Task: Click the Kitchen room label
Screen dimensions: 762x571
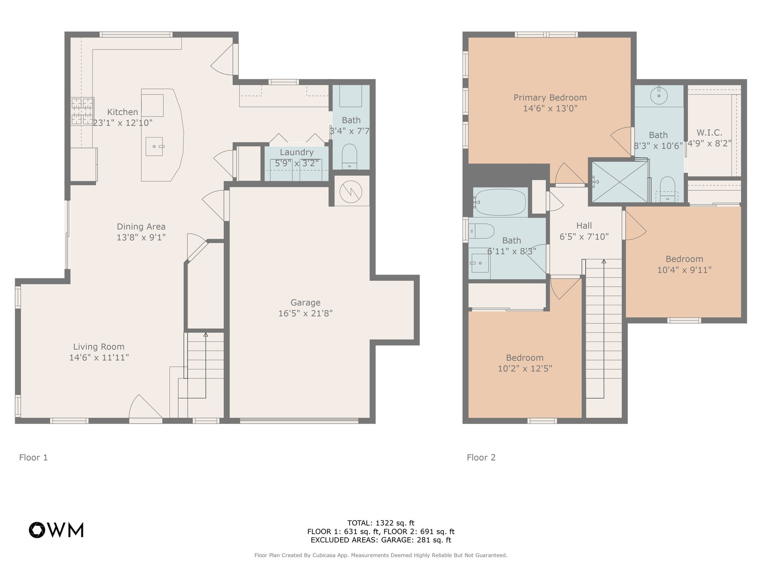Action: point(122,112)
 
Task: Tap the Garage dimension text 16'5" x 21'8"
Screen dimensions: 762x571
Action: point(305,314)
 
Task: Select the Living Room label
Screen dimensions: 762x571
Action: point(99,347)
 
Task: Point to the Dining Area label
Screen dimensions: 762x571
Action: point(141,226)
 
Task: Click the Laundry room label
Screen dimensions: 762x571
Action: point(297,152)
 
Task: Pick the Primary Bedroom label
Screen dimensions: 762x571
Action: point(550,98)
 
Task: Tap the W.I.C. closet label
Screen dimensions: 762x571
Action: point(709,132)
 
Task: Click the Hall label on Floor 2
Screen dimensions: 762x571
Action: point(584,226)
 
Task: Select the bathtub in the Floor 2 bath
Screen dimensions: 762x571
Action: point(500,202)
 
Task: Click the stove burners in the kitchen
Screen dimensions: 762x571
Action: point(82,111)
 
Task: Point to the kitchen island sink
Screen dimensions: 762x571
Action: point(154,146)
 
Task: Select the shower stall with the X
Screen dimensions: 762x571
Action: point(620,182)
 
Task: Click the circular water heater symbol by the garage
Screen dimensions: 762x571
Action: point(351,192)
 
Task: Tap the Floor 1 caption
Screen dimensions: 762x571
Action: point(33,457)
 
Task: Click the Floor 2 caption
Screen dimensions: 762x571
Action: point(481,457)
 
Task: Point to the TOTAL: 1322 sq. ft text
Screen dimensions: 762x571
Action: point(381,523)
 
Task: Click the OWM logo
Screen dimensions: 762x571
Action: point(56,530)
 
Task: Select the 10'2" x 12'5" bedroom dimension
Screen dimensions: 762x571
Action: point(525,368)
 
